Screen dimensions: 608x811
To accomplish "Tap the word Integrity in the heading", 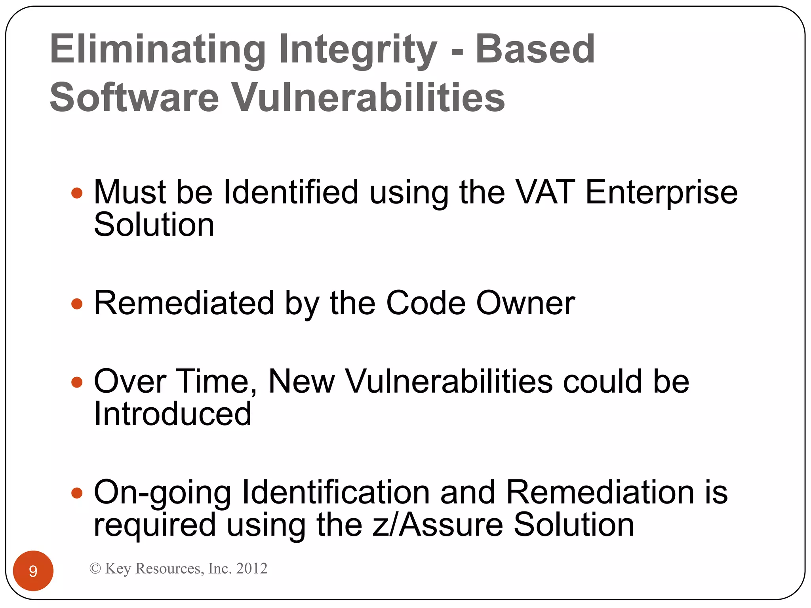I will point(358,50).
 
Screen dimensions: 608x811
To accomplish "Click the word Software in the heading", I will point(134,97).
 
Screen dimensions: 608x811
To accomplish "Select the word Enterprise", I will point(661,193).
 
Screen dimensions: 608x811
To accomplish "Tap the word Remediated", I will point(184,303).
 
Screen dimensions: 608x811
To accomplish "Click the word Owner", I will point(525,303).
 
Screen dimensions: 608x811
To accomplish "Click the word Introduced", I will point(173,414).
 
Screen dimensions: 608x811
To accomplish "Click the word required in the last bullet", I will point(155,526).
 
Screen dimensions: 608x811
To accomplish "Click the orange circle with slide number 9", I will point(33,570).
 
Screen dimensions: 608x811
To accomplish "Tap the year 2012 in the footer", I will point(251,568).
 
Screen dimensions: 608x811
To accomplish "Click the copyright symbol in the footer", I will point(95,568).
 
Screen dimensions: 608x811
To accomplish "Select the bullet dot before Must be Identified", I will point(77,193).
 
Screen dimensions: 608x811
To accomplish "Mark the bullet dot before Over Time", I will point(77,382).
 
